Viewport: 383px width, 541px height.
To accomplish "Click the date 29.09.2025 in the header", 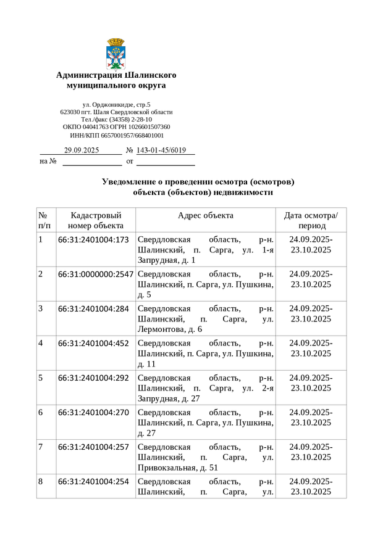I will point(82,151).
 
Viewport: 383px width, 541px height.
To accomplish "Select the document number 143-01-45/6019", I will point(161,151).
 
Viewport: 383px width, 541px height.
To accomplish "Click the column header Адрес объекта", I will point(205,215).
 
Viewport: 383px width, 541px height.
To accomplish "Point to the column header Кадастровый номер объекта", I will point(96,220).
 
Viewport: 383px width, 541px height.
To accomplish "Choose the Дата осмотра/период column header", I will point(311,220).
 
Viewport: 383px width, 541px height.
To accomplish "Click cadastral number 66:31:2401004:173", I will point(93,240).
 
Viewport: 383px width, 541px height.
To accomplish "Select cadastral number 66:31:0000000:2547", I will point(96,275).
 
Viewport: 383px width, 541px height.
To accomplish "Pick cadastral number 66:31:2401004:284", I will point(93,309).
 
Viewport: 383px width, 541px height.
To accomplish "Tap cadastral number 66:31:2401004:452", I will point(93,344).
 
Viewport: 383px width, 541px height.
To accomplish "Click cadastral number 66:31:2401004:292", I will point(93,378).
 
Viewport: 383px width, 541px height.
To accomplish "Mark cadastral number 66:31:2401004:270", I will point(93,413).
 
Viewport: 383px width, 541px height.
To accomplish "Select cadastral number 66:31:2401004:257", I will point(93,447).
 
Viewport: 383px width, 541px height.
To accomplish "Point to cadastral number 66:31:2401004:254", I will point(93,482).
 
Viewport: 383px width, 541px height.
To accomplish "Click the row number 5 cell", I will point(41,378).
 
